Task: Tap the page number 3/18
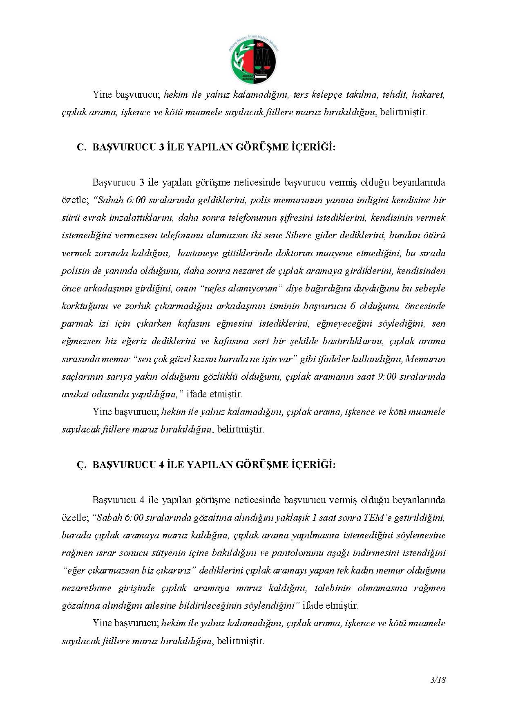[438, 680]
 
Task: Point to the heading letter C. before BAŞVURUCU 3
[81, 148]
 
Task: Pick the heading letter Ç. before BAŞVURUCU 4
[81, 465]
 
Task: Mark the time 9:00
[385, 376]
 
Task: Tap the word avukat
[74, 394]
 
